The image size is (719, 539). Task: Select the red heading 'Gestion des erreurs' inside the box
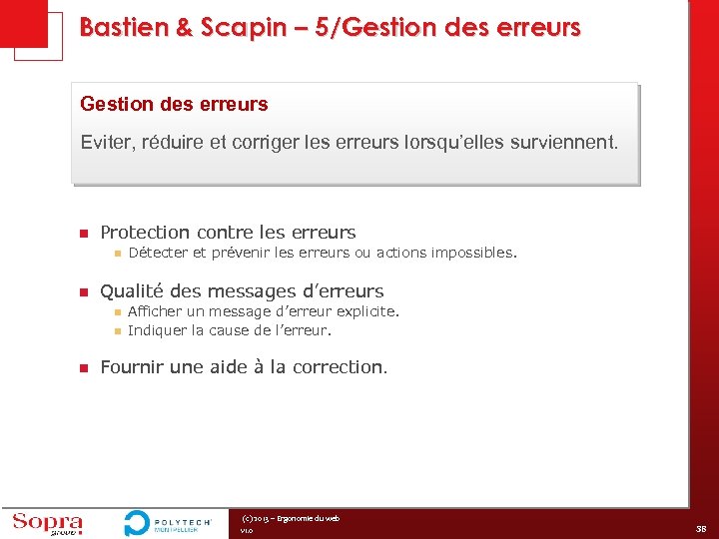174,104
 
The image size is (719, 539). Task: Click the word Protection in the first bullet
147,233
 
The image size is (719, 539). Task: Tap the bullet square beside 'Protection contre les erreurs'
84,234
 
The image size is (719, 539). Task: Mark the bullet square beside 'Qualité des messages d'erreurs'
84,292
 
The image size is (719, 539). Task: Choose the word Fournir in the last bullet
133,367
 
